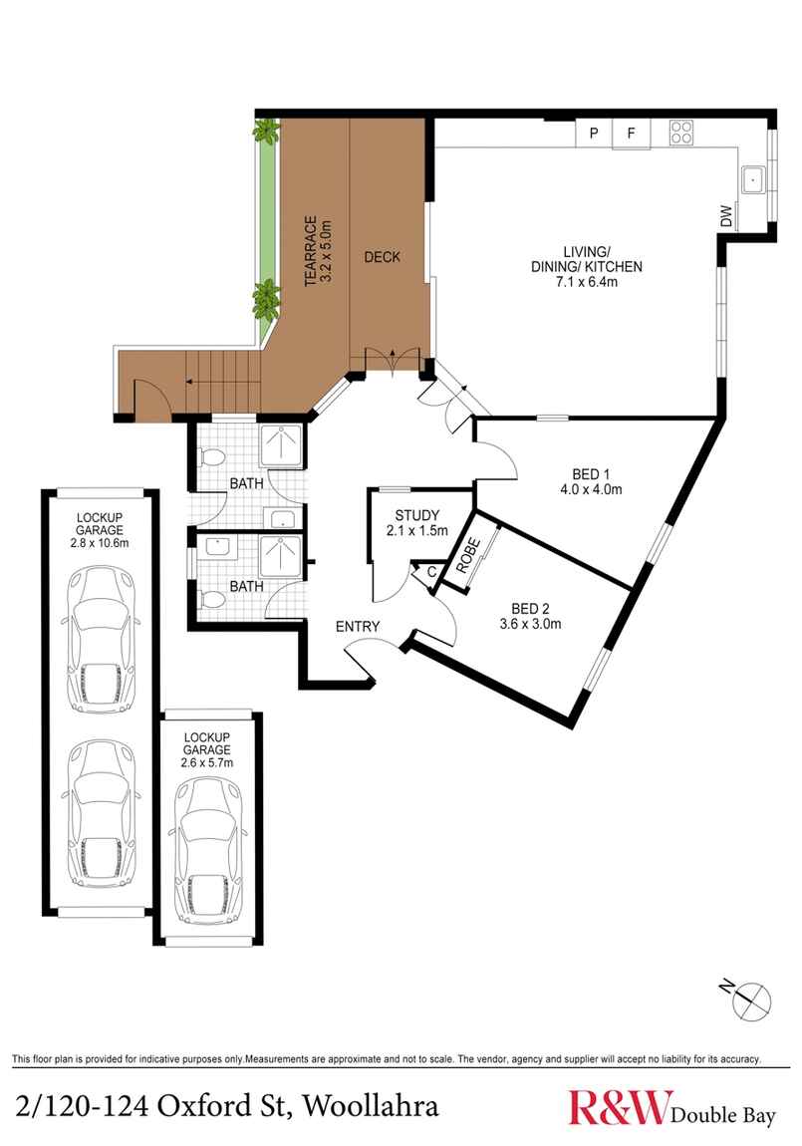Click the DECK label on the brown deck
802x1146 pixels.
tap(382, 257)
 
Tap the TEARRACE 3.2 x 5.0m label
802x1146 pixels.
tap(316, 251)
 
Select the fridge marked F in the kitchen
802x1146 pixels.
tap(631, 133)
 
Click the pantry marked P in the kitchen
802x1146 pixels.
tap(594, 133)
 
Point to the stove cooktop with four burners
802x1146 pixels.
tap(681, 132)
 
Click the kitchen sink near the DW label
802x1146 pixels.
tap(751, 180)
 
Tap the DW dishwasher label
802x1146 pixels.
tap(727, 215)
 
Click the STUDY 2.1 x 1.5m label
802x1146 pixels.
tap(416, 522)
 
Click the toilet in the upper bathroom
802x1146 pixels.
tap(210, 457)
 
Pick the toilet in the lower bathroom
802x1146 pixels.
tap(210, 599)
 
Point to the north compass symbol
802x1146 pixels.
tap(750, 998)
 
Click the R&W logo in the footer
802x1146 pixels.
tap(618, 1107)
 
